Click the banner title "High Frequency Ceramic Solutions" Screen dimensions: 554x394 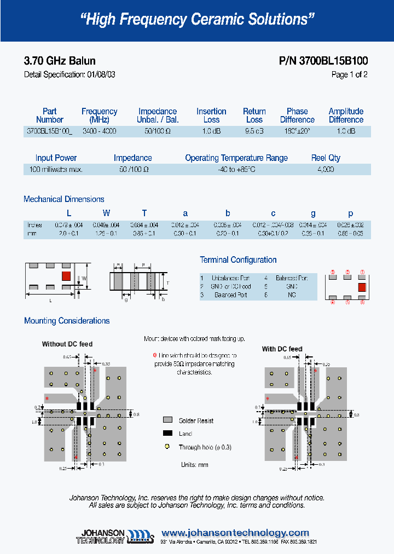pos(197,20)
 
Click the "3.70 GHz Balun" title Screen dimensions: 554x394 pos(60,61)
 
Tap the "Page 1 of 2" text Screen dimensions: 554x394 pos(349,74)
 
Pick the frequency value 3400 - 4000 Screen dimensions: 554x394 pos(99,131)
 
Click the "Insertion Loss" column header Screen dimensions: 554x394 pos(211,115)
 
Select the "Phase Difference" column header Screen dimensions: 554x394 pos(297,115)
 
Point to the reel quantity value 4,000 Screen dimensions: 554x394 pos(325,170)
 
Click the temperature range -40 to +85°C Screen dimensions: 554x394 pos(236,170)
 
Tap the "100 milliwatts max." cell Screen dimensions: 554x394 pos(56,170)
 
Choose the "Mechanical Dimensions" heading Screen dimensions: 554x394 pos(63,199)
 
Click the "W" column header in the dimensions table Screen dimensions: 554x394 pos(107,213)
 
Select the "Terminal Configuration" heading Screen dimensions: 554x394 pos(238,260)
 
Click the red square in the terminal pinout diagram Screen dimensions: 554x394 pos(362,286)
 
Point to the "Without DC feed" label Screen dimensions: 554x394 pos(67,344)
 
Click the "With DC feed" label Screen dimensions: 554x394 pos(282,349)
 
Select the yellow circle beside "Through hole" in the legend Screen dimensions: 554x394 pos(167,447)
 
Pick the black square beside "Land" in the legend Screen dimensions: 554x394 pos(167,434)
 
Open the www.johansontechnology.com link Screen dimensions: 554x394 pos(235,533)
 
